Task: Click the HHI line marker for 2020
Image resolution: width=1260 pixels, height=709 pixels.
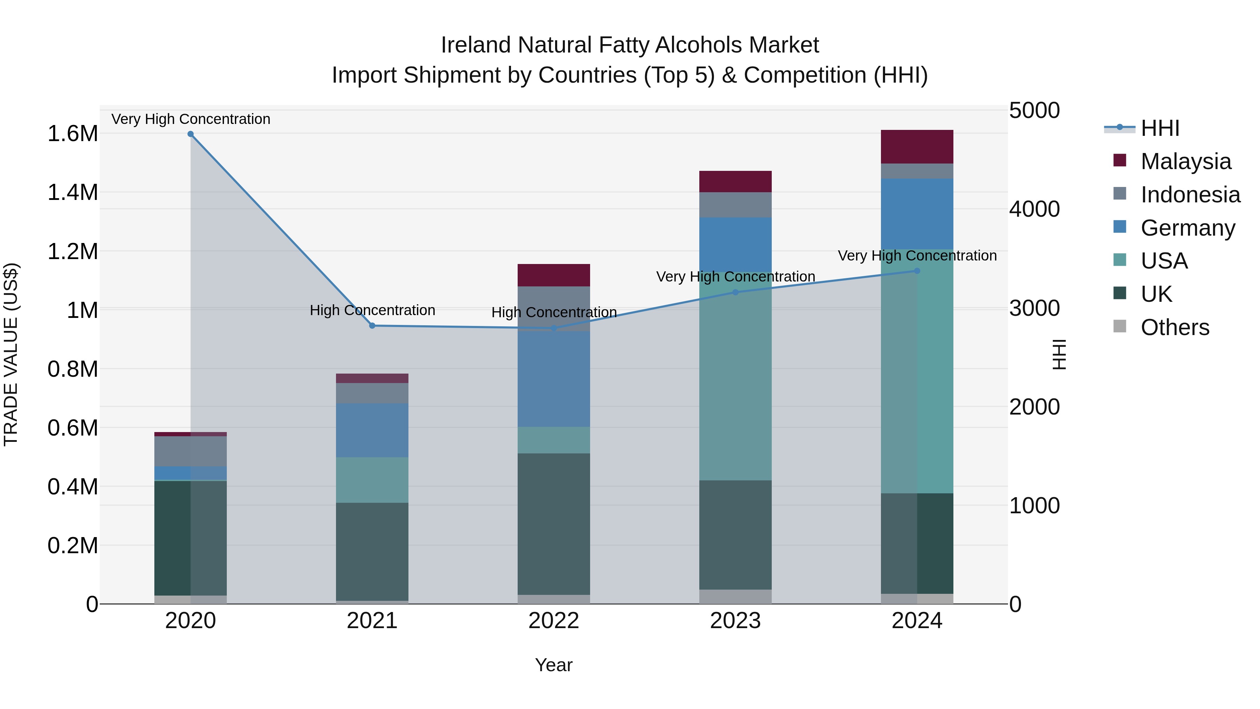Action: [190, 134]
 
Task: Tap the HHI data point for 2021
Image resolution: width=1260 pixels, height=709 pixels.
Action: [372, 326]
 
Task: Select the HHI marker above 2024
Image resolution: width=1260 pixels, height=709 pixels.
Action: [917, 271]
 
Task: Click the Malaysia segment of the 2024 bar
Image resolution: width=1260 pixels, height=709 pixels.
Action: [917, 147]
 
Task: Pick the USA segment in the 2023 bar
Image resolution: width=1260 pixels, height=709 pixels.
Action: [735, 377]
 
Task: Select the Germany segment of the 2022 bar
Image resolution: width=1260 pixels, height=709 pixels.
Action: [554, 379]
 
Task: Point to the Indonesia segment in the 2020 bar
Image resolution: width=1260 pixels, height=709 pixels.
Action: [190, 451]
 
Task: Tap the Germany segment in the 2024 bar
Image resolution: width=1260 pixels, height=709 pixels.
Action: [917, 214]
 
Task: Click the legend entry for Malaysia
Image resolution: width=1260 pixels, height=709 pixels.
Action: [1186, 161]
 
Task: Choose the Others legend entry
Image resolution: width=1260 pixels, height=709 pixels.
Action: [1175, 327]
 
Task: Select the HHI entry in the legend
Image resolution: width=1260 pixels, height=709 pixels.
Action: [1160, 128]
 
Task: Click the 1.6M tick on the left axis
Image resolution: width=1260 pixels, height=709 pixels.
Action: [72, 134]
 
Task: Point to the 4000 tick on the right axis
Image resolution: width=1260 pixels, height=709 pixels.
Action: [1035, 209]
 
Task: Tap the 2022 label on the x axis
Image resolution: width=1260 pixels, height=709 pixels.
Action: [554, 621]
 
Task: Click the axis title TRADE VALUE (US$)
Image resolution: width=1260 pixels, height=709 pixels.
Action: [11, 354]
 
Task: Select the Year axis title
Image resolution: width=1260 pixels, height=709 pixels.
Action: [554, 665]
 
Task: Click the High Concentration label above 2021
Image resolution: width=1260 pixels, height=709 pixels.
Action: [372, 310]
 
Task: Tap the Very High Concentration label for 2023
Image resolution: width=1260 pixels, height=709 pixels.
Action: [735, 277]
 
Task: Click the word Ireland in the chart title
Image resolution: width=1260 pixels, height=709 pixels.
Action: [477, 45]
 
